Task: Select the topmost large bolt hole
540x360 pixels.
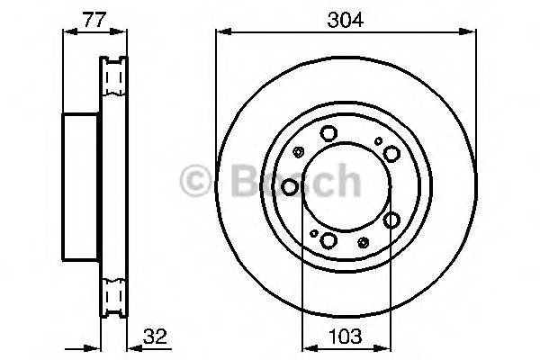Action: pyautogui.click(x=328, y=135)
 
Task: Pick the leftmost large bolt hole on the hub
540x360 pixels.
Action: pyautogui.click(x=290, y=186)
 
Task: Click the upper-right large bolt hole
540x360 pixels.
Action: pyautogui.click(x=389, y=154)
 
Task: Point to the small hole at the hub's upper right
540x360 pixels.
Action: pyautogui.click(x=379, y=140)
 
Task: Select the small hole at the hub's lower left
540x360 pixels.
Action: pyautogui.click(x=313, y=233)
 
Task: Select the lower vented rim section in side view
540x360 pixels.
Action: pyautogui.click(x=113, y=296)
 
